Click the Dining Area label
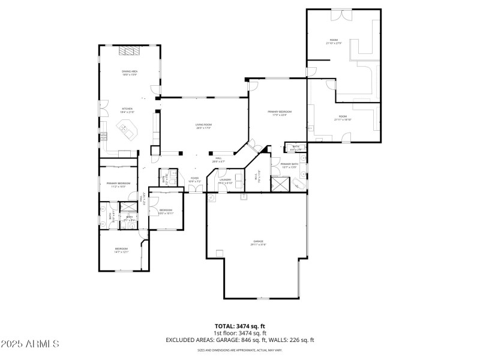point(130,73)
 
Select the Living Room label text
point(203,126)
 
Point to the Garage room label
point(259,242)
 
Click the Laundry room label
point(226,181)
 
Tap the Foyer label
point(194,179)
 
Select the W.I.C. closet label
point(259,178)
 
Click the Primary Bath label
point(289,165)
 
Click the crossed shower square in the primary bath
point(279,184)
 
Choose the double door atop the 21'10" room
point(343,12)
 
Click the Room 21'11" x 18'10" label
point(343,118)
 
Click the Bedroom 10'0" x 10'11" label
point(166,211)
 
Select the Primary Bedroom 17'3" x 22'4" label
point(280,113)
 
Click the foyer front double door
point(194,190)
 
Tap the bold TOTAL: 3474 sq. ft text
point(240,326)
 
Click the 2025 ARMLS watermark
point(30,344)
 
